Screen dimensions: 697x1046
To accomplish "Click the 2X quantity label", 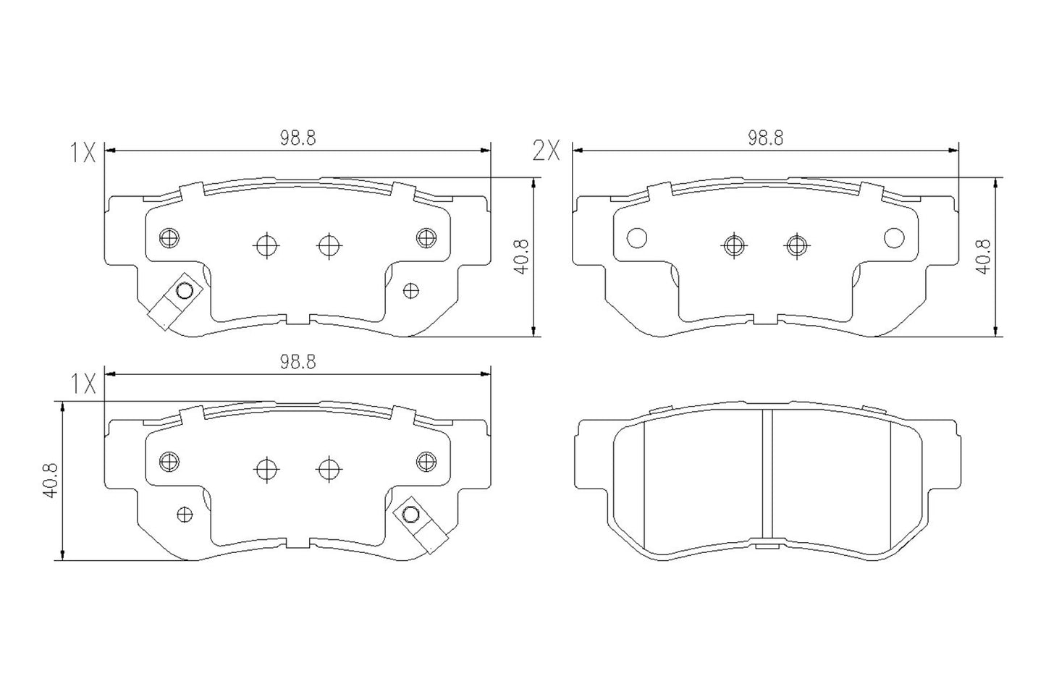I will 546,151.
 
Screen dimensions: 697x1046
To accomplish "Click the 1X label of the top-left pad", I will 83,152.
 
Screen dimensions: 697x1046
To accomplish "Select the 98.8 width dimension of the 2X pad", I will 766,138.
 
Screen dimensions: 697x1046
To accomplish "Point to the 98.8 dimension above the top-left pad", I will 298,138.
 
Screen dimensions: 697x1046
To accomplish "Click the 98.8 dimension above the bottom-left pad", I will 298,362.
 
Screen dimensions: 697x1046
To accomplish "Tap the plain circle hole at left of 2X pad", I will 636,237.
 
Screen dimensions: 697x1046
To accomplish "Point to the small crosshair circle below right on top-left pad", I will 410,291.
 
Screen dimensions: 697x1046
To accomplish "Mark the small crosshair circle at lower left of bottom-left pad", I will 185,514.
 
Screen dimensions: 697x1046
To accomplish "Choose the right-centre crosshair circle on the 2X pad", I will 796,245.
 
